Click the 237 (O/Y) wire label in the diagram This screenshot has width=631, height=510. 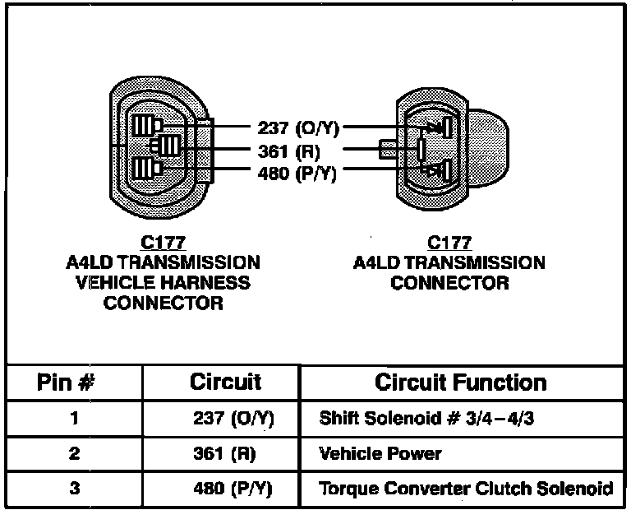[298, 128]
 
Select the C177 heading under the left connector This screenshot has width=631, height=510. [162, 243]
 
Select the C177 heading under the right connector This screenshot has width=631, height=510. [449, 243]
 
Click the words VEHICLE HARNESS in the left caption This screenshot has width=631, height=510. [162, 283]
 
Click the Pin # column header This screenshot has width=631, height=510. [74, 382]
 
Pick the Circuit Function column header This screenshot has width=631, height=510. [460, 382]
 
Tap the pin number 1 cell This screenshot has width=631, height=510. [74, 419]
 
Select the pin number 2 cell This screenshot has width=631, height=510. [74, 453]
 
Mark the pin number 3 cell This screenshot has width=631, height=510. [74, 488]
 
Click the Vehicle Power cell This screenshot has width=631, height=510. [380, 453]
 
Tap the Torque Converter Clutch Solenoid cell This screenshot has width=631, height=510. [465, 488]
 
